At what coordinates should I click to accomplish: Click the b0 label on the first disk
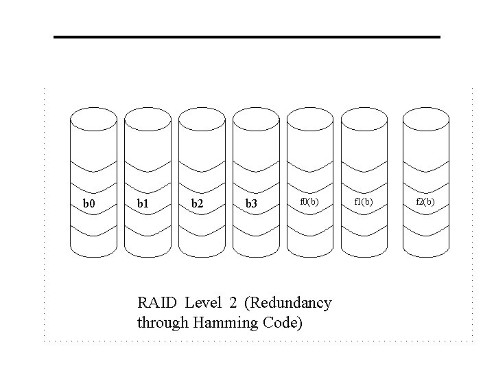[89, 204]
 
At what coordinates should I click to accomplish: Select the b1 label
[143, 204]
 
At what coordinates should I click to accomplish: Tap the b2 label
[197, 204]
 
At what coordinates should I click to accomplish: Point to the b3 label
[251, 204]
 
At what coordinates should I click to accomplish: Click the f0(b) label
[310, 201]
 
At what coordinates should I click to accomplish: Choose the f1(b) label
[364, 201]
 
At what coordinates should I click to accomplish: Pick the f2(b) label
[425, 201]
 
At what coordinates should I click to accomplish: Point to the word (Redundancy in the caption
[287, 303]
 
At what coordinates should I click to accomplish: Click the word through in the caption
[161, 322]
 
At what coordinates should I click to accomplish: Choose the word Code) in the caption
[281, 322]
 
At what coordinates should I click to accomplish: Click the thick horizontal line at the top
[247, 36]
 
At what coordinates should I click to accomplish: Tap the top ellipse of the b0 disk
[93, 117]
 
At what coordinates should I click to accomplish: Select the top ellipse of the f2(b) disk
[425, 117]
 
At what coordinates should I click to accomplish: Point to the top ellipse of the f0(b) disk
[309, 117]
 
